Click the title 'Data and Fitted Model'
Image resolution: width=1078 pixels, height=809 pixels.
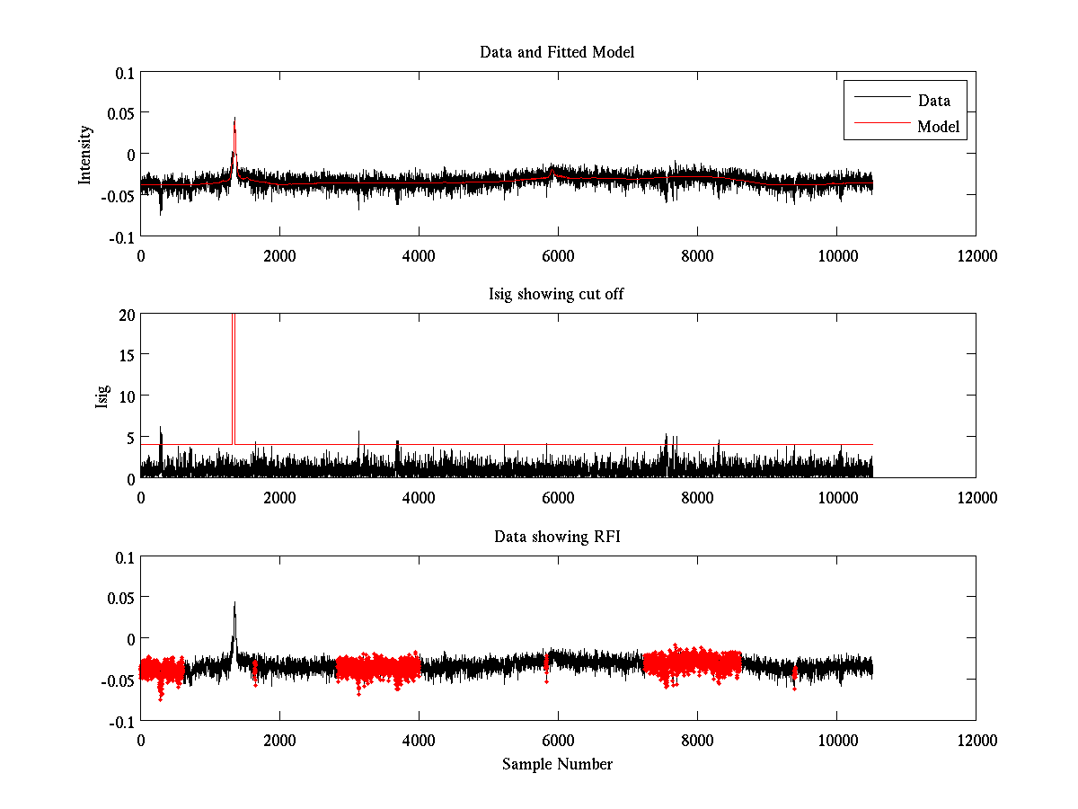[x=557, y=52]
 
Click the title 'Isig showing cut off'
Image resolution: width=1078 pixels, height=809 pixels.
[x=557, y=295]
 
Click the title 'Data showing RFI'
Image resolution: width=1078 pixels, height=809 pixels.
[x=557, y=537]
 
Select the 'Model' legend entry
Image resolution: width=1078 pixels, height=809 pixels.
[x=938, y=127]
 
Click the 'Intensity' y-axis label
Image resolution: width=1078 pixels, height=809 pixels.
[x=85, y=154]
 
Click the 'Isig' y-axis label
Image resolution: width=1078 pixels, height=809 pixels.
[x=102, y=396]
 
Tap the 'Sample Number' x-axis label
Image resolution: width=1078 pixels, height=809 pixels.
[x=557, y=764]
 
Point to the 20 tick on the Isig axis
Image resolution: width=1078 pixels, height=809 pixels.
[x=125, y=315]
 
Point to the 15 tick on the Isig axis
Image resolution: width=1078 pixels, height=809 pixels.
[x=125, y=355]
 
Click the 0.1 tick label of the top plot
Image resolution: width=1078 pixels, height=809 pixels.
[x=121, y=72]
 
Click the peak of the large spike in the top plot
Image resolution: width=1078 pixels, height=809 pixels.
[x=234, y=119]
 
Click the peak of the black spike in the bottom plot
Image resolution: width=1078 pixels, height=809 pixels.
[x=234, y=603]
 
